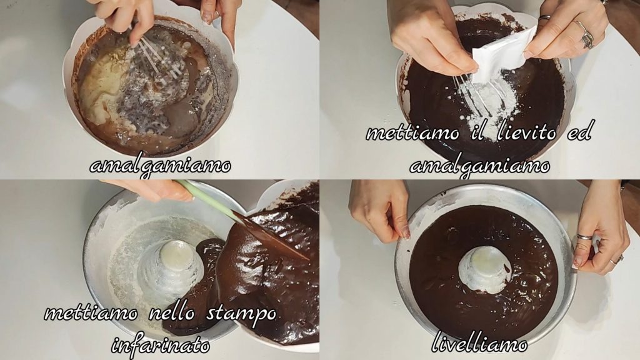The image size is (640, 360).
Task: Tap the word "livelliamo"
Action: pos(479,343)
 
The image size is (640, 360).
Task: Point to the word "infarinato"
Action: pos(161,345)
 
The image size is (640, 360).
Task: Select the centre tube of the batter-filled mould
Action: pos(485,270)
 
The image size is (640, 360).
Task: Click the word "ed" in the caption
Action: pos(580,131)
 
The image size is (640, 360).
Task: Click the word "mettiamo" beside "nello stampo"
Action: pos(91,313)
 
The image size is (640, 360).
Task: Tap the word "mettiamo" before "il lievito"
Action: pos(413,132)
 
